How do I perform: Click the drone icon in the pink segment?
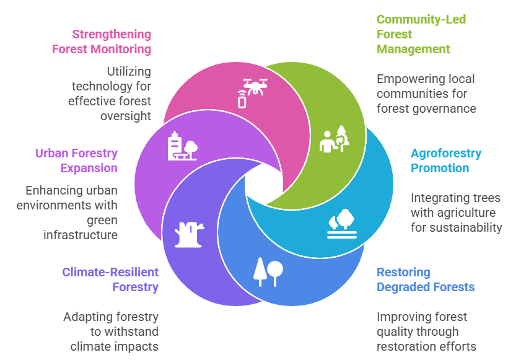(250, 92)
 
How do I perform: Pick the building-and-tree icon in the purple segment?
(182, 147)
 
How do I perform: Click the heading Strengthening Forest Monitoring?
(102, 42)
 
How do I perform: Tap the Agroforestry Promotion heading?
(445, 160)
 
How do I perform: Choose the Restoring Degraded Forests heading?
(426, 279)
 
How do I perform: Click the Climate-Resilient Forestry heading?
(110, 279)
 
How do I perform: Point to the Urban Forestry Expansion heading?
(76, 160)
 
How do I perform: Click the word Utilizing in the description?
(127, 72)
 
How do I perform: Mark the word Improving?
(403, 317)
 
